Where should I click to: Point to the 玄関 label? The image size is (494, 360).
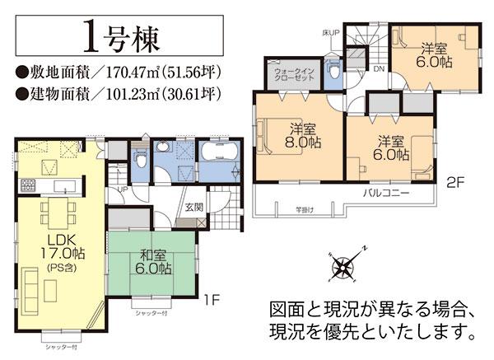[x=194, y=208]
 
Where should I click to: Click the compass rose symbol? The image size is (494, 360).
[x=342, y=265]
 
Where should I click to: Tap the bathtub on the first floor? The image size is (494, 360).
[x=218, y=155]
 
